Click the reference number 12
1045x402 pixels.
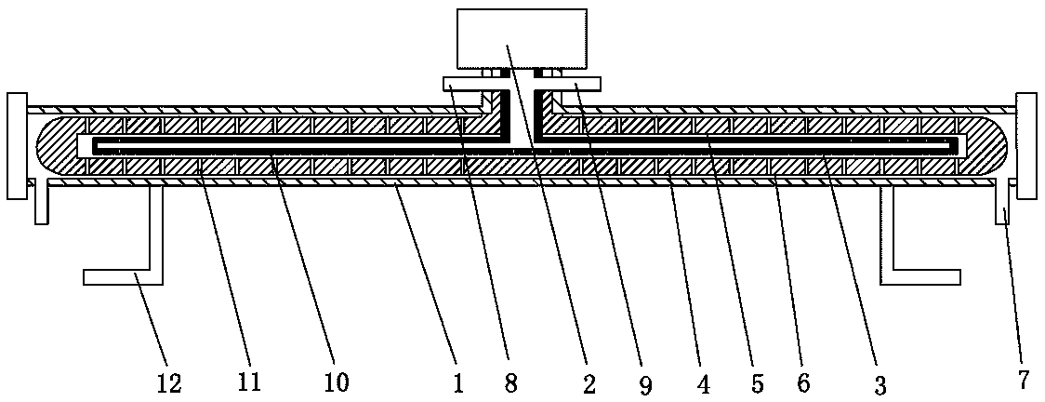[x=169, y=382]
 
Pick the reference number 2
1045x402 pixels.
[x=587, y=382]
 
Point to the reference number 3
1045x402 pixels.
[x=880, y=382]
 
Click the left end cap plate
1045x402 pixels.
[x=15, y=145]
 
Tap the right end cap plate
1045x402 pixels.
[x=1026, y=145]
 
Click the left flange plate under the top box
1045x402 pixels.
[x=465, y=84]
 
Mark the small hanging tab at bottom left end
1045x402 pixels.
[x=41, y=205]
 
